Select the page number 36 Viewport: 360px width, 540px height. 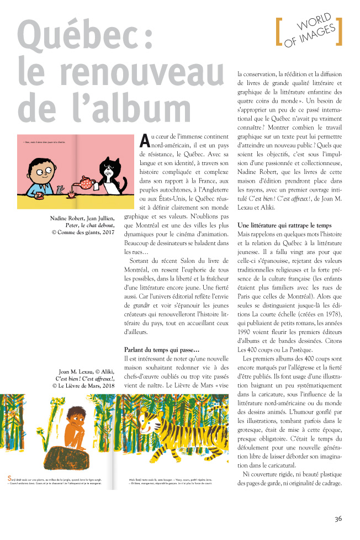pyautogui.click(x=338, y=518)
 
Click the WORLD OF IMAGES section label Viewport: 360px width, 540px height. pyautogui.click(x=309, y=32)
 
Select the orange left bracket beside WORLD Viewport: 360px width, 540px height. pyautogui.click(x=278, y=32)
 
